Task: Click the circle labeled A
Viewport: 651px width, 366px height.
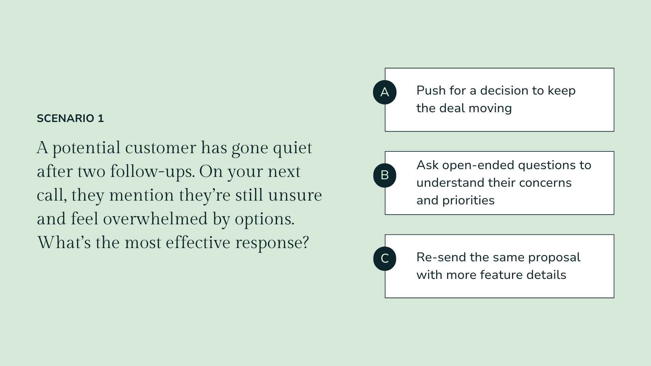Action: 384,92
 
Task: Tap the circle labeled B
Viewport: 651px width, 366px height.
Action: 384,175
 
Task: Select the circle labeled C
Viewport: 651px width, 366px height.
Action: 384,259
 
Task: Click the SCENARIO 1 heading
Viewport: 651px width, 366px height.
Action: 70,119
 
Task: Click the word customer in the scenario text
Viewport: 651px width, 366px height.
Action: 160,148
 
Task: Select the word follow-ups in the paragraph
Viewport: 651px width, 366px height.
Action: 152,172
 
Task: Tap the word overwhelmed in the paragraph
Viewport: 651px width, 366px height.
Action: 155,219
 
